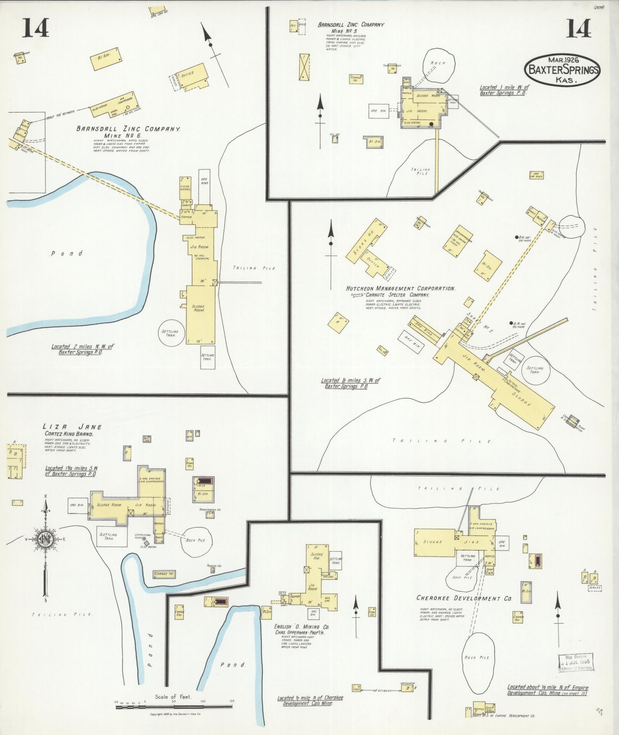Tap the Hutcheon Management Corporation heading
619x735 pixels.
[x=401, y=288]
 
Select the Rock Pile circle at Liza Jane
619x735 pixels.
[x=196, y=540]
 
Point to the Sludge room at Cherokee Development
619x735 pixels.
[x=433, y=542]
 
